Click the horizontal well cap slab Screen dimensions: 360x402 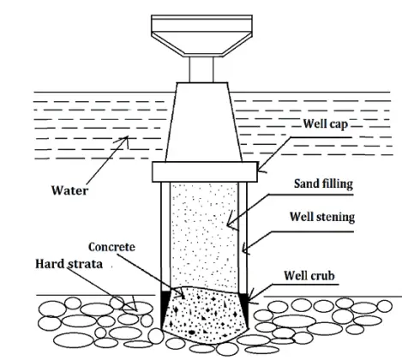click(x=206, y=171)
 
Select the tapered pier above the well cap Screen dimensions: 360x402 click(x=206, y=124)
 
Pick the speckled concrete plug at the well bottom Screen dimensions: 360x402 click(x=206, y=313)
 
